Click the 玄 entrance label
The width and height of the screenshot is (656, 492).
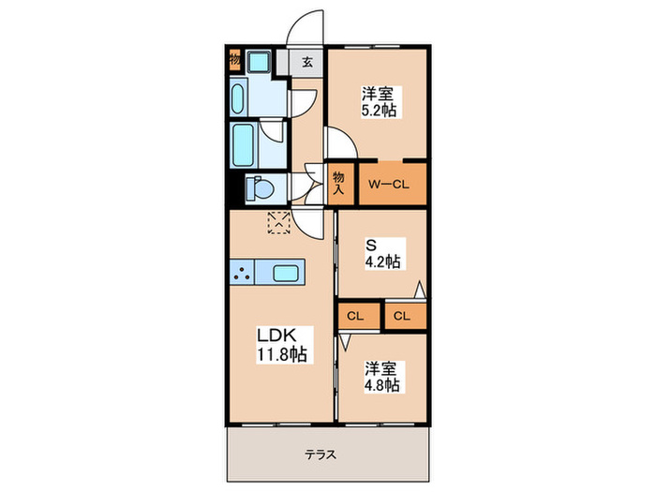point(306,63)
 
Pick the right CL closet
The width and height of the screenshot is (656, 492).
point(402,316)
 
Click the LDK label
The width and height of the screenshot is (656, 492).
point(278,335)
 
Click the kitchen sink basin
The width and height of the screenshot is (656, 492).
point(286,274)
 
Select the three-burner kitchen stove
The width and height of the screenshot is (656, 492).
point(243,274)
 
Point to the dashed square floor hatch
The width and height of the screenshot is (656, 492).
point(279,222)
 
